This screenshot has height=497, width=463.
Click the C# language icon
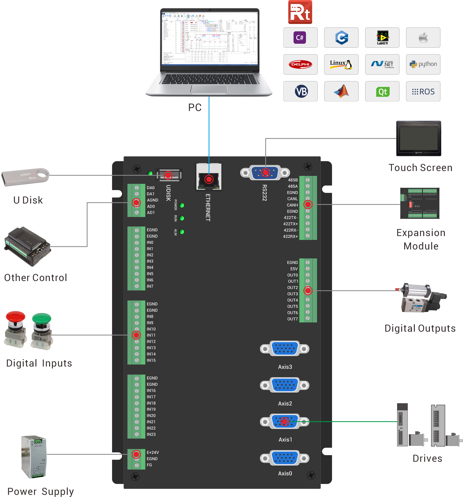(x=300, y=38)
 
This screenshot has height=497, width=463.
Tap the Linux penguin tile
(x=341, y=64)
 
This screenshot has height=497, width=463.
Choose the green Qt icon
(x=382, y=92)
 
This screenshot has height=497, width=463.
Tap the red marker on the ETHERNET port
(x=209, y=179)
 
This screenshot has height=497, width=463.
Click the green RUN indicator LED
(x=182, y=218)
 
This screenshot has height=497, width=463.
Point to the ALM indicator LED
(x=182, y=232)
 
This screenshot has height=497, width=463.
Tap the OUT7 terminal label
(x=292, y=319)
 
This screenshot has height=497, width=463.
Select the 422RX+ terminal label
(x=290, y=236)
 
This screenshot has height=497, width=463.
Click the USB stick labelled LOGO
(x=25, y=177)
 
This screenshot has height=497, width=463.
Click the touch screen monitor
(x=419, y=138)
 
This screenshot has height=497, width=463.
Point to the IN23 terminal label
(x=151, y=434)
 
